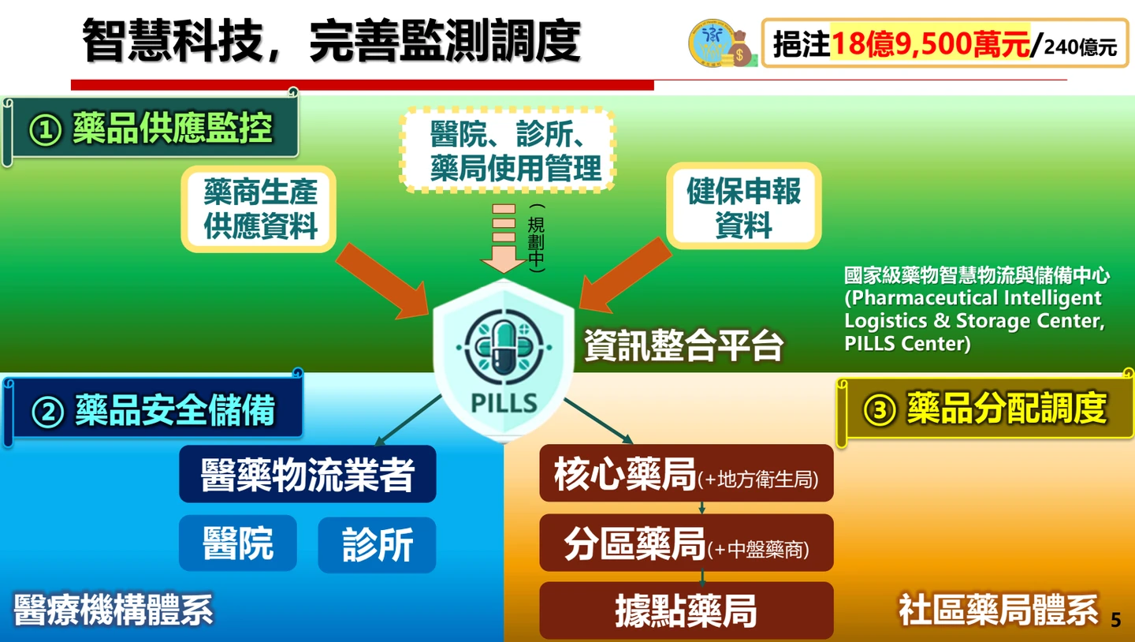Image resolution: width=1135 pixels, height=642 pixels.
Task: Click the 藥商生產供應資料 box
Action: (x=259, y=209)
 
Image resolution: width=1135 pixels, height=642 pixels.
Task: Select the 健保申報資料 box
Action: (x=743, y=207)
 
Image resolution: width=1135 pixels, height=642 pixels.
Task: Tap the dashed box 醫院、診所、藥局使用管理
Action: (x=508, y=150)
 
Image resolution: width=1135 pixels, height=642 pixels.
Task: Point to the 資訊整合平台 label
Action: (x=683, y=345)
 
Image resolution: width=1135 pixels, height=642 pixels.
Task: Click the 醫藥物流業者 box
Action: (x=307, y=474)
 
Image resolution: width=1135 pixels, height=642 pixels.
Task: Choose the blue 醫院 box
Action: (x=237, y=543)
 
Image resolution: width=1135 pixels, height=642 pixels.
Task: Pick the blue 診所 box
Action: (x=377, y=544)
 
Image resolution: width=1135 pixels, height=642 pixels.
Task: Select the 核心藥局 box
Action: (x=686, y=473)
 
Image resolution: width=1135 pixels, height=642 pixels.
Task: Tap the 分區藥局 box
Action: (x=686, y=543)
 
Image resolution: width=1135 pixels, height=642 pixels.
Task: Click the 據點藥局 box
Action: (x=686, y=610)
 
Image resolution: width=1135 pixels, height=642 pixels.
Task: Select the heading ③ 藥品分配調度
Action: (x=985, y=409)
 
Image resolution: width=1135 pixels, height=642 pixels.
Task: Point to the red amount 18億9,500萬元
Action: (x=931, y=44)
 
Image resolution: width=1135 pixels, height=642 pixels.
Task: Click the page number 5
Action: (x=1115, y=620)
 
